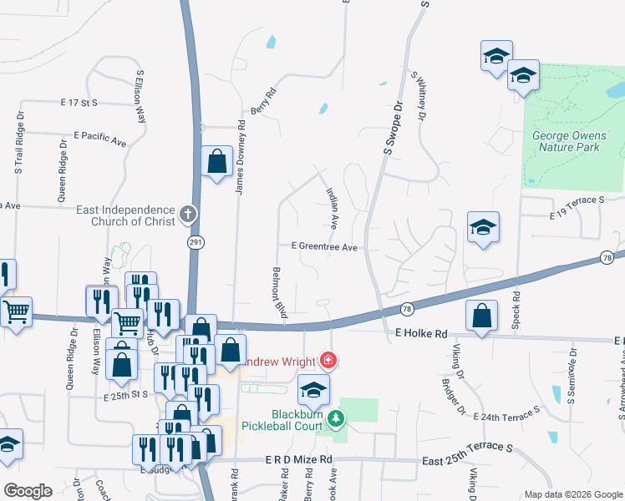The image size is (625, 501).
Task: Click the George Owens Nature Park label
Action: [566, 141]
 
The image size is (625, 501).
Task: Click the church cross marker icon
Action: [188, 213]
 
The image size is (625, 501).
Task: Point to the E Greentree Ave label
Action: [324, 247]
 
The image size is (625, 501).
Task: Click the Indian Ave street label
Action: [331, 210]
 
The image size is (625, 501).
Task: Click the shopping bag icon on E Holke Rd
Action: [481, 317]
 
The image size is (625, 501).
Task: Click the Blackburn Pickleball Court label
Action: [282, 419]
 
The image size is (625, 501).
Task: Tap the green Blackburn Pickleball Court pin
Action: [335, 417]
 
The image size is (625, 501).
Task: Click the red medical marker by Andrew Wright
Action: [329, 362]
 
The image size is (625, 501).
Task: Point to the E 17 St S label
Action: [79, 103]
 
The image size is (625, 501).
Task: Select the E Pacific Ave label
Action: [99, 139]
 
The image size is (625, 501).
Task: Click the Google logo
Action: [28, 490]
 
